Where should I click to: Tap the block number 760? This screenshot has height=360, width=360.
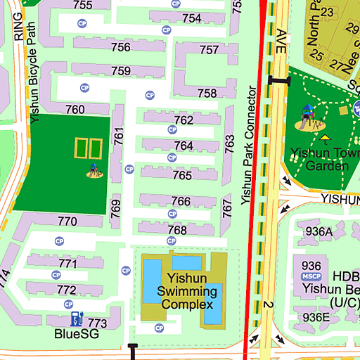75,110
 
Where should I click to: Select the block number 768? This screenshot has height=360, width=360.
177,231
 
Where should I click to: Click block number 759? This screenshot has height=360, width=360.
121,71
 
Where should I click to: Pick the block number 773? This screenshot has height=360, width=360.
98,323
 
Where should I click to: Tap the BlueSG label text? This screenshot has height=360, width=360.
77,335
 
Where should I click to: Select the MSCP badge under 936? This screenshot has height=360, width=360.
311,277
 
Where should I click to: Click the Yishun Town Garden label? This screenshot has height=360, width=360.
318,160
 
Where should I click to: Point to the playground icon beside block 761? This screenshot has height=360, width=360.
94,170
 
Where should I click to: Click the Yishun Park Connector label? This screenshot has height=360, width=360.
246,146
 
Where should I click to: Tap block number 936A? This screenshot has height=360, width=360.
319,231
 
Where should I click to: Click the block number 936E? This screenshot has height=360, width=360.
316,317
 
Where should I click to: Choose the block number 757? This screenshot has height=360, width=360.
210,50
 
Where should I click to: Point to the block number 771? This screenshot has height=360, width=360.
67,264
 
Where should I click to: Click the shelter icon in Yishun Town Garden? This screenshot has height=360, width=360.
325,139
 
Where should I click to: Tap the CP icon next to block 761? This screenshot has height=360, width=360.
129,169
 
